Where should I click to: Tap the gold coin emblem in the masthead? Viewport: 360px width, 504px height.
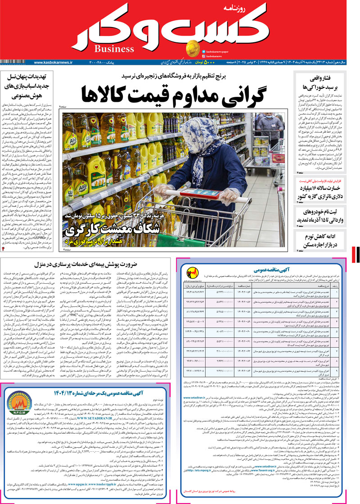191,47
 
